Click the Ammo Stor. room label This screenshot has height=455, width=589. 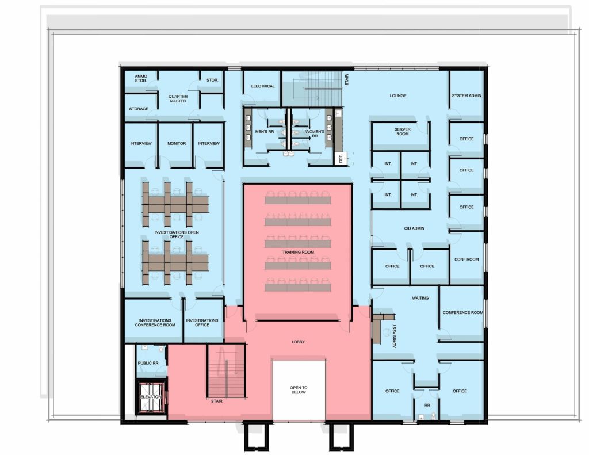click(141, 78)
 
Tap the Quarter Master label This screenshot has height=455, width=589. click(178, 98)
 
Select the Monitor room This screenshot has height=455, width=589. click(176, 145)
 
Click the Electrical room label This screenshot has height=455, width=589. click(262, 86)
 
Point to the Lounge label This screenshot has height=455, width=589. click(398, 95)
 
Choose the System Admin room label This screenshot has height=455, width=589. click(466, 95)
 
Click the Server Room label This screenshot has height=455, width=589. click(402, 132)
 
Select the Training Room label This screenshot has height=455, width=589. click(298, 252)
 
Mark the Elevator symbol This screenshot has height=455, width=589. click(151, 397)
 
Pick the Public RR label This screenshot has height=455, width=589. click(148, 363)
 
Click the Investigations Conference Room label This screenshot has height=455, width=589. click(155, 322)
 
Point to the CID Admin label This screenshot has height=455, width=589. click(414, 228)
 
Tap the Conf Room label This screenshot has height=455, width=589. click(466, 259)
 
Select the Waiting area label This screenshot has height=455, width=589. click(420, 298)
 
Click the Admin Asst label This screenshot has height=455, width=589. click(394, 336)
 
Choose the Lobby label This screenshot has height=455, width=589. click(299, 342)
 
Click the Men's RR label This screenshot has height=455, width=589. click(265, 132)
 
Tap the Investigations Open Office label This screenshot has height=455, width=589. click(177, 235)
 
